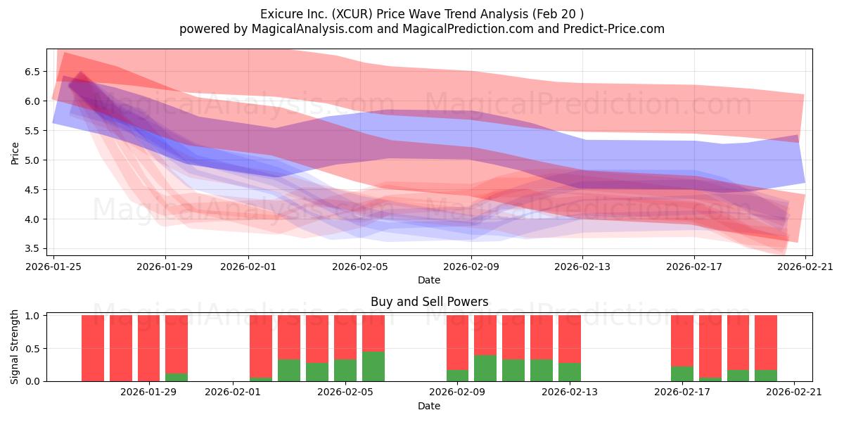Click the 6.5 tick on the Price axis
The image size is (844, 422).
[32, 72]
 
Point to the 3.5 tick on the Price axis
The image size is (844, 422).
[32, 249]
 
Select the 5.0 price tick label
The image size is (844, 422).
[32, 160]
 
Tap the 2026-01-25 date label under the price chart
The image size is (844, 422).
[53, 267]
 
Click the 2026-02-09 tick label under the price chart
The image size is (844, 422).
[471, 267]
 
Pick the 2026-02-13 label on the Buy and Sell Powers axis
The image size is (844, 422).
[569, 392]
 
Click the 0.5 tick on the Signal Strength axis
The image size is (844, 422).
[32, 349]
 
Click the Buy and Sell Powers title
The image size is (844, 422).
[429, 302]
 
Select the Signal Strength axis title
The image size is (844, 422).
[14, 347]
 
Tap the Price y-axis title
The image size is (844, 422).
[15, 153]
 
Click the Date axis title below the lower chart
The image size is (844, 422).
[429, 406]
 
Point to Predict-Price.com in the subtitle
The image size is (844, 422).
[614, 29]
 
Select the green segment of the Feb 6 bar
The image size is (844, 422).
[373, 366]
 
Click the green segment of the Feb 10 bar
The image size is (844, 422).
[485, 368]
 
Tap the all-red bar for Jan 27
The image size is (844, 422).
[93, 348]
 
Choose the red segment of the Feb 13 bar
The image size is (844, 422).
[570, 339]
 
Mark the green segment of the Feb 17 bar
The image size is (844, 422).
[682, 373]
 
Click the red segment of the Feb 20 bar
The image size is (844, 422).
[766, 343]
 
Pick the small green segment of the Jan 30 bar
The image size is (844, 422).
[177, 377]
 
